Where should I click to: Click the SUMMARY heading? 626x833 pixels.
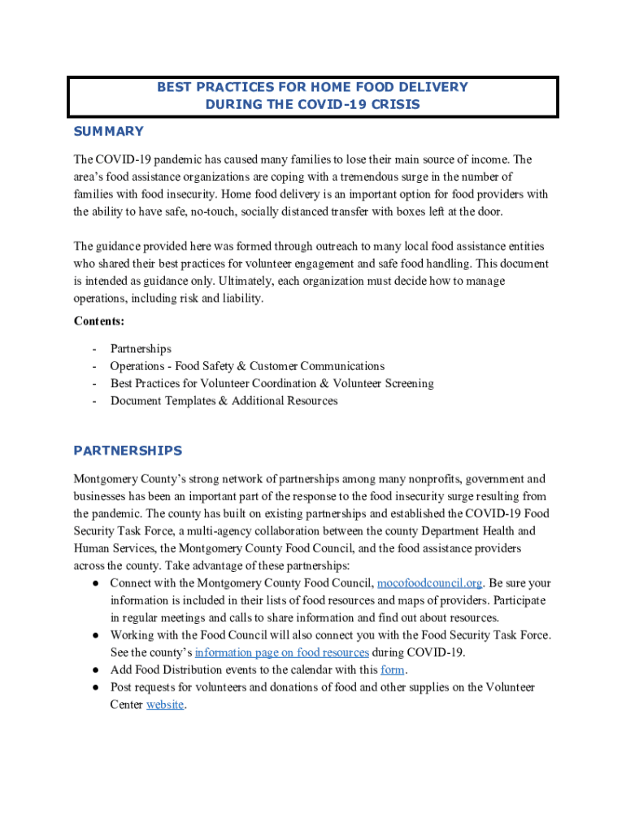[x=108, y=132]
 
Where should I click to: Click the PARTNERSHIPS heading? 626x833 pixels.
[x=128, y=451]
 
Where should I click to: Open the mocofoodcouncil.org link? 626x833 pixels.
[x=430, y=583]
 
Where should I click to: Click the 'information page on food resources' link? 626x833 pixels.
[x=282, y=652]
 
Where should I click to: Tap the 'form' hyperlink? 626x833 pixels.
[x=393, y=670]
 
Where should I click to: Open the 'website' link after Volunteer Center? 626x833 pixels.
[x=165, y=705]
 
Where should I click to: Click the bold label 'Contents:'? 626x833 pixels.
[x=99, y=321]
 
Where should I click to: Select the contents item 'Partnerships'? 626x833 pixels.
[x=141, y=349]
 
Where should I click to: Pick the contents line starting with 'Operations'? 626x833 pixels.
[x=247, y=366]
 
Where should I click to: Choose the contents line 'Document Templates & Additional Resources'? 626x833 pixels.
[x=224, y=401]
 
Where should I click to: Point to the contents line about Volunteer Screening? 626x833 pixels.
[x=272, y=383]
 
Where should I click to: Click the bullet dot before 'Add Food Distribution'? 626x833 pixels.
[x=95, y=670]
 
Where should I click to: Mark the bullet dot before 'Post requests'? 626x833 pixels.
[x=95, y=687]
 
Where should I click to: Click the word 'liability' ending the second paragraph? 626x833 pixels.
[x=241, y=299]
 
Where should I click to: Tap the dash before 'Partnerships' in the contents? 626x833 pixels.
[x=94, y=349]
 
